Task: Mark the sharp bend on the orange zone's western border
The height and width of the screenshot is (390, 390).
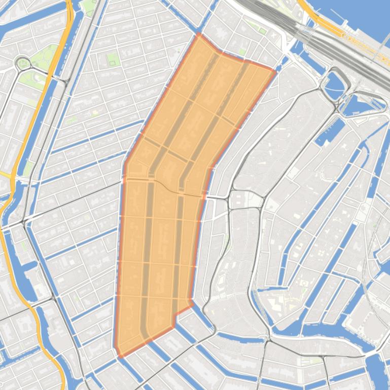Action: tap(125, 163)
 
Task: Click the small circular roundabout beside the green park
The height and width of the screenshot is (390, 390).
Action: tap(23, 64)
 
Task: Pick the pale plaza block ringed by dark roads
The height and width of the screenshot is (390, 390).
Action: tap(246, 201)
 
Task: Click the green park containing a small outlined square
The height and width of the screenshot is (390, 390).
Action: tap(112, 61)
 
